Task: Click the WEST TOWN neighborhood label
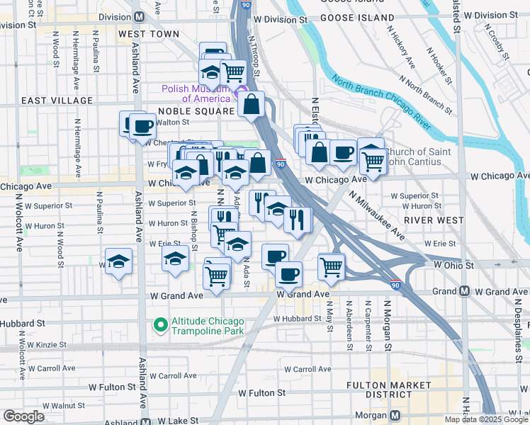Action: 149,33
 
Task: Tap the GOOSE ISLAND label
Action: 357,17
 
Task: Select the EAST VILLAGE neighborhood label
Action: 57,101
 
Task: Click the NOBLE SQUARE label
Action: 196,112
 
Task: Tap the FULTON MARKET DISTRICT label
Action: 389,390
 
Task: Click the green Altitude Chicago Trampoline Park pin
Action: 160,325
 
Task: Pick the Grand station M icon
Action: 464,291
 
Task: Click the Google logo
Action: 23,416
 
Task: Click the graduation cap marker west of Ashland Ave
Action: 118,262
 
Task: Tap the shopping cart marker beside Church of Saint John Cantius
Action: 373,161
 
